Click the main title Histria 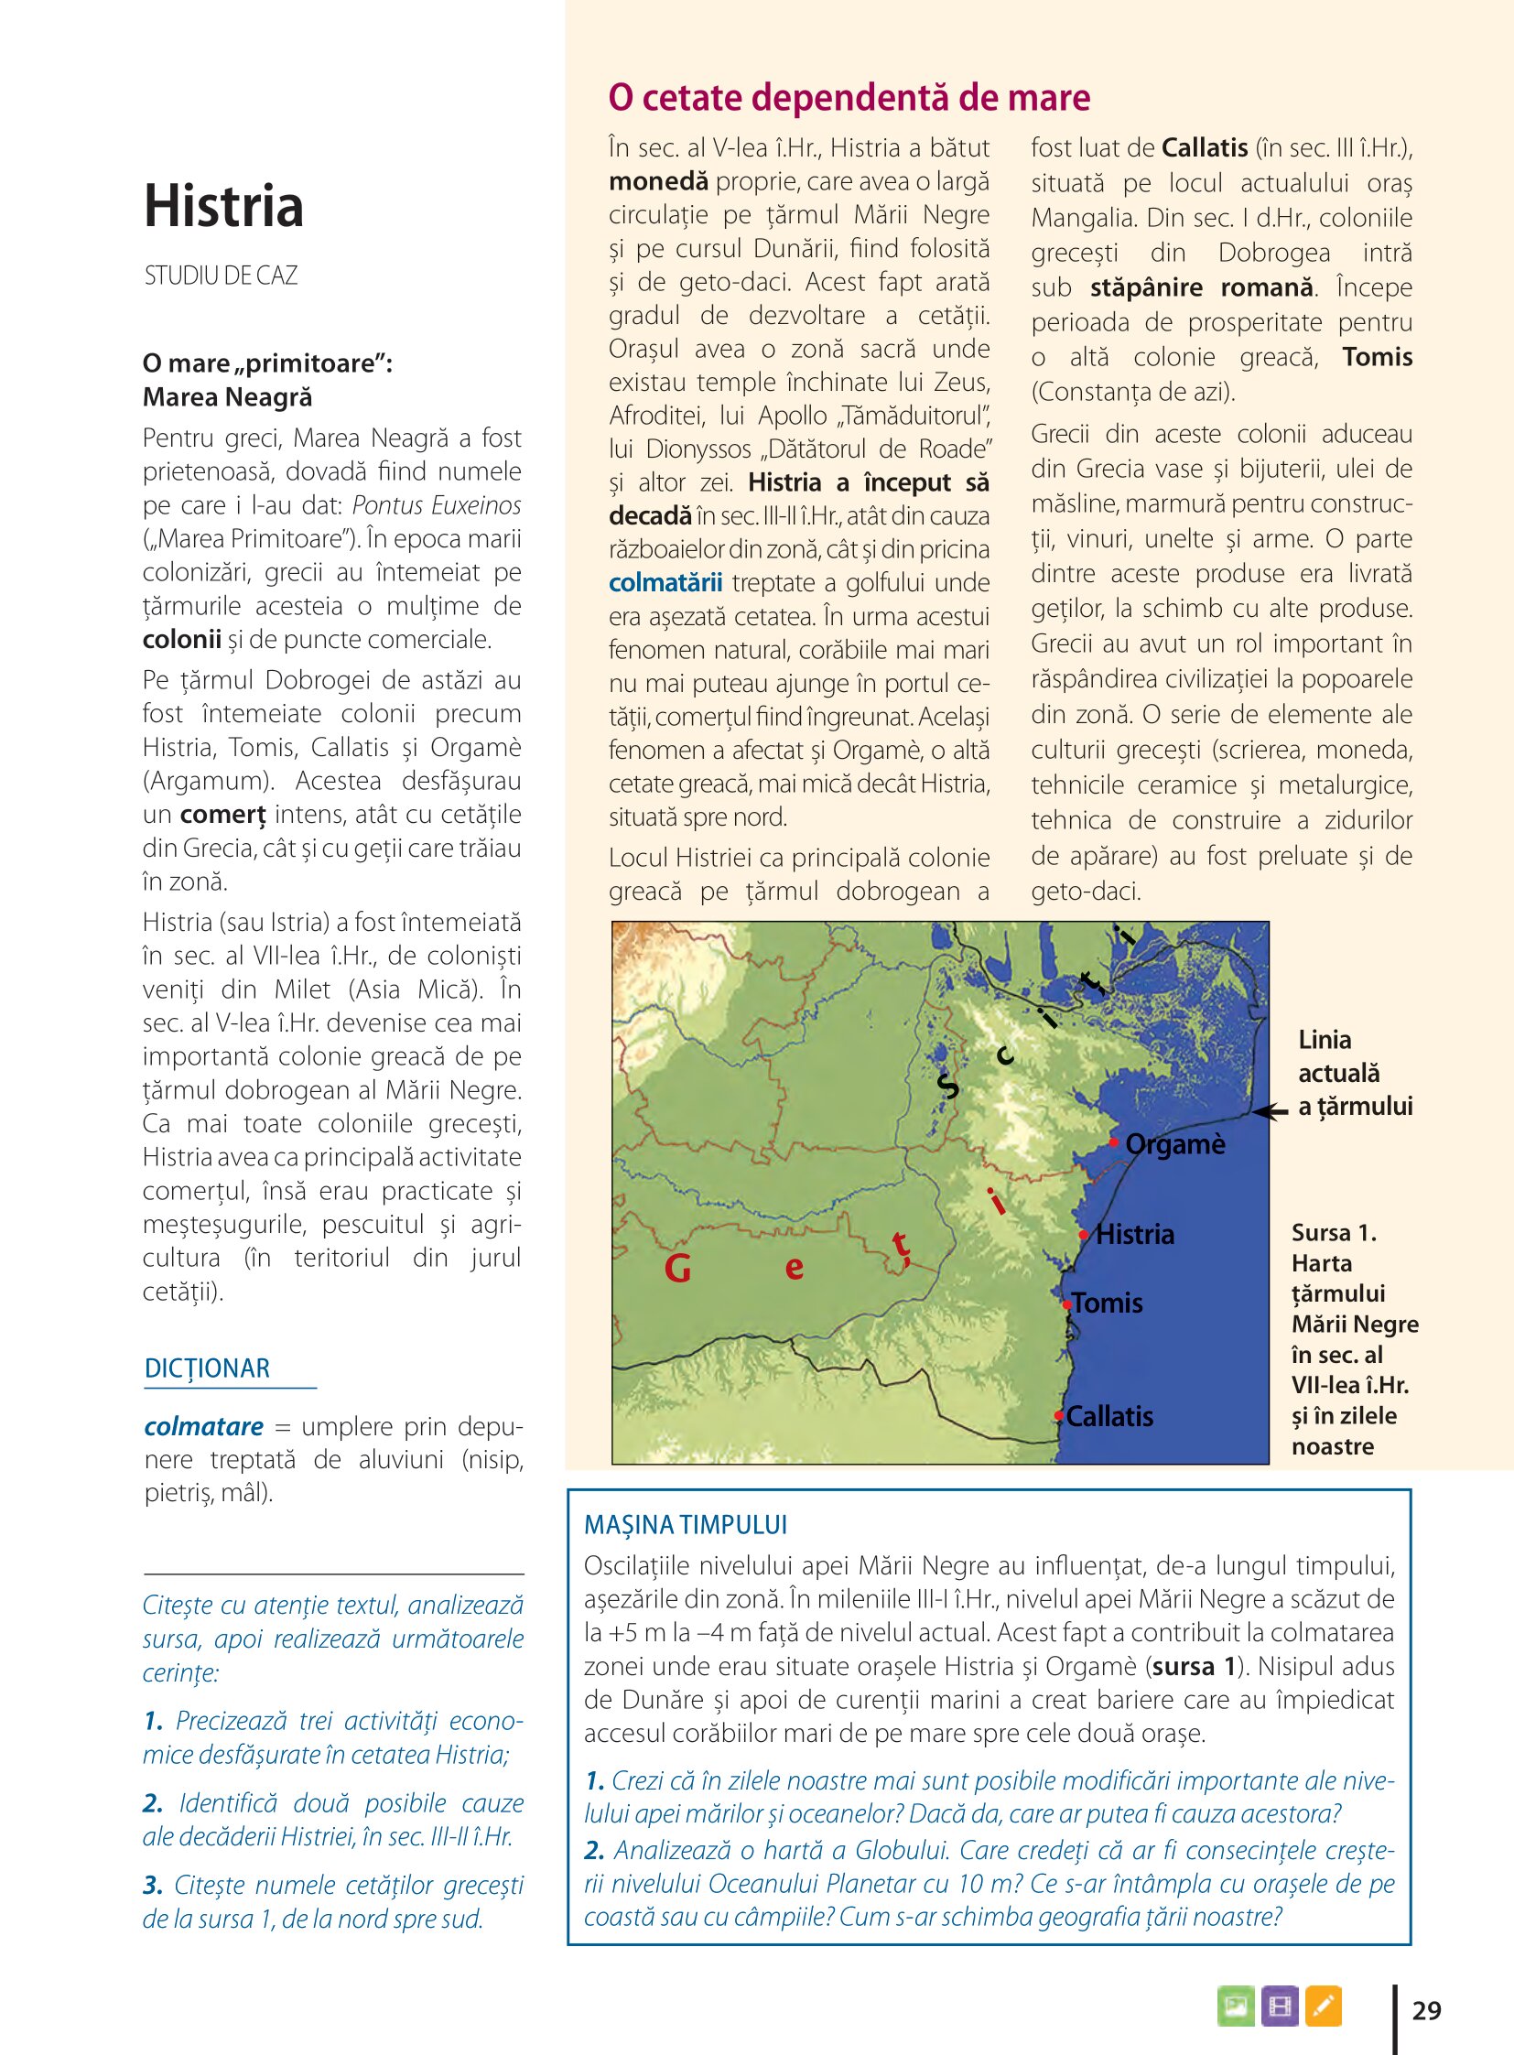(x=223, y=206)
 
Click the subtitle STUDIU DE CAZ (x=221, y=276)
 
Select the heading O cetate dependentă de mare (x=849, y=97)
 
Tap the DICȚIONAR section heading (x=207, y=1368)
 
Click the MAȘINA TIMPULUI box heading (x=686, y=1524)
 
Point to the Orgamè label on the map (x=1175, y=1144)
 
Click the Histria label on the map (x=1134, y=1234)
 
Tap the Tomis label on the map (x=1108, y=1303)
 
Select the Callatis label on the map (x=1109, y=1416)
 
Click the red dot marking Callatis (x=1059, y=1416)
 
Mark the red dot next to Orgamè (x=1113, y=1142)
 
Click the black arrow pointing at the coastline (x=1271, y=1112)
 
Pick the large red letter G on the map (x=677, y=1269)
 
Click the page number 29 (x=1426, y=2010)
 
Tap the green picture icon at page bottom (x=1236, y=2006)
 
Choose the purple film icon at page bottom (x=1280, y=2006)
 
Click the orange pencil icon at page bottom (x=1323, y=2006)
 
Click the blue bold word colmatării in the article (x=665, y=583)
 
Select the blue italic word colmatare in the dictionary (x=203, y=1426)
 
